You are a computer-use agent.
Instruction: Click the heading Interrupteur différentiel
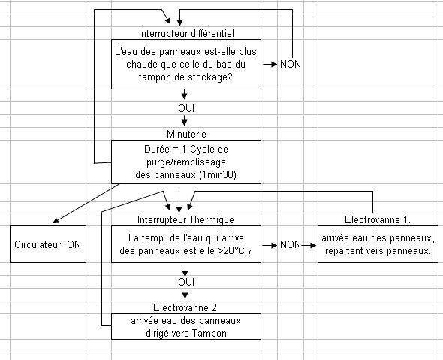click(x=186, y=33)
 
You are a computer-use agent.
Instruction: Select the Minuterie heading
click(x=186, y=134)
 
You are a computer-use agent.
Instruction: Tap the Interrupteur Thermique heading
click(x=185, y=219)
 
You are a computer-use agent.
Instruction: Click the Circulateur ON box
click(x=48, y=244)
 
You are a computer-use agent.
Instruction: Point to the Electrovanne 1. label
click(x=378, y=219)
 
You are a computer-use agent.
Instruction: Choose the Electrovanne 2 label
click(x=185, y=307)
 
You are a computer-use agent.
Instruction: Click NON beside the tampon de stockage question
click(x=291, y=64)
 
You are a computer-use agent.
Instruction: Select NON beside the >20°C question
click(x=291, y=244)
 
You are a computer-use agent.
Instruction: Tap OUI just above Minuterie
click(x=186, y=108)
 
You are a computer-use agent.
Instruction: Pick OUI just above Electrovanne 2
click(x=186, y=282)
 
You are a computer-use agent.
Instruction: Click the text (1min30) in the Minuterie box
click(x=218, y=175)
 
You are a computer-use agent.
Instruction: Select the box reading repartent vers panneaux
click(x=378, y=244)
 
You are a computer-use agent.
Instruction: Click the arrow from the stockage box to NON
click(x=270, y=64)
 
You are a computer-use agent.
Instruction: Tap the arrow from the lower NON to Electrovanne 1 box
click(x=309, y=245)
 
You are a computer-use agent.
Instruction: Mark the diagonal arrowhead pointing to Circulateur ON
click(x=56, y=220)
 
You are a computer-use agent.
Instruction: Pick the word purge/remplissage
click(x=186, y=162)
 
